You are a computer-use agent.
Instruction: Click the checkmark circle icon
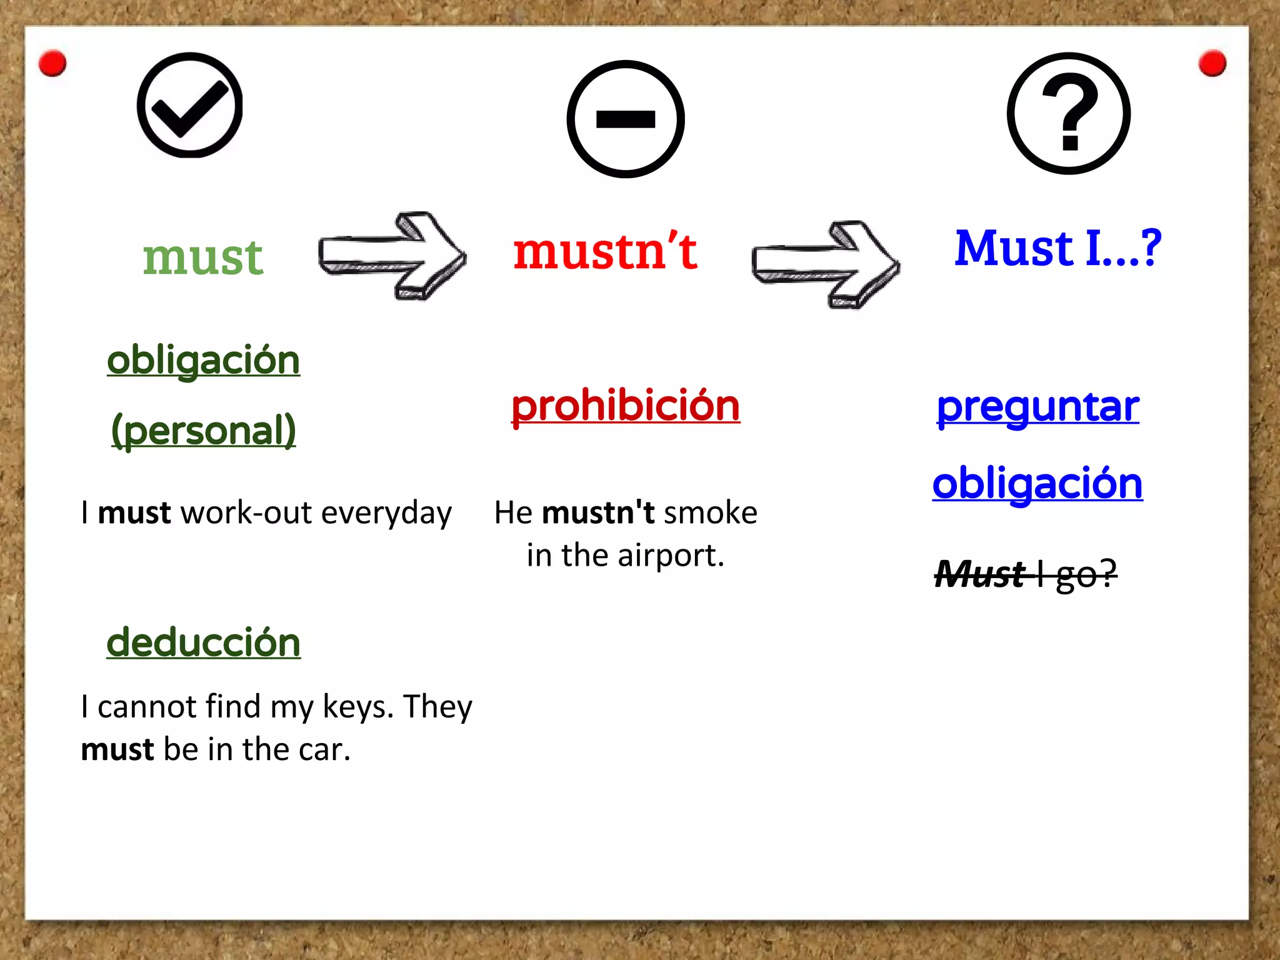tap(190, 105)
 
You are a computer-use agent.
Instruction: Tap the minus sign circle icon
tap(626, 119)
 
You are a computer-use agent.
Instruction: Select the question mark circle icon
tap(1069, 113)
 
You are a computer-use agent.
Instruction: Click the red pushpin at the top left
tap(52, 63)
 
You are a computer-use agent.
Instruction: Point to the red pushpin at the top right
tap(1212, 63)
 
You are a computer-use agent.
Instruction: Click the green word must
tap(203, 257)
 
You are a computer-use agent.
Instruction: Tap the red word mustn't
tap(605, 251)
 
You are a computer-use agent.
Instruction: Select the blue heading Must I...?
tap(1057, 248)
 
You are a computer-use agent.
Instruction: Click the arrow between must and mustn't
tap(392, 256)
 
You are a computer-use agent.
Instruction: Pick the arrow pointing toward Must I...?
tap(826, 264)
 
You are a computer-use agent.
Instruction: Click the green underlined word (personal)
tap(204, 431)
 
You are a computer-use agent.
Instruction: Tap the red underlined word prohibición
tap(626, 406)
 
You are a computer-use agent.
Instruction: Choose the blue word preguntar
tap(1037, 407)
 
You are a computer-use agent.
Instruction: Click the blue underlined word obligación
tap(1037, 484)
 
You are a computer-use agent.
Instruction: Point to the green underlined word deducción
tap(204, 642)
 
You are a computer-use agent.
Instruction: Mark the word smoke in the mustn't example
tap(711, 513)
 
